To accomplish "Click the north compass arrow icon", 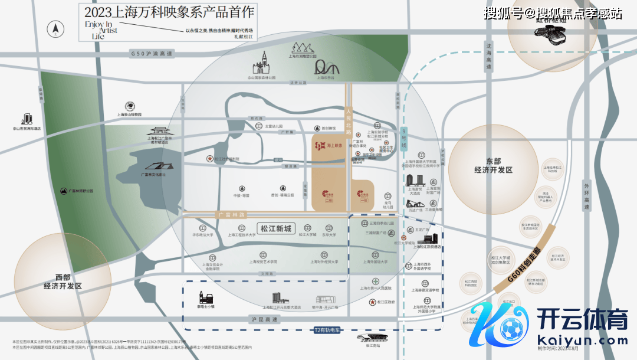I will coord(57,28).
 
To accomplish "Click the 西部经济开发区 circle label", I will coord(63,281).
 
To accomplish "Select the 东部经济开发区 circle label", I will coord(493,165).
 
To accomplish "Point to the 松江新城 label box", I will coord(275,228).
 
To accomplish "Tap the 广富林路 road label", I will coord(231,215).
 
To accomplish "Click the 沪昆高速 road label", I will coord(263,319).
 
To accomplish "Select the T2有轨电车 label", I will coord(327,330).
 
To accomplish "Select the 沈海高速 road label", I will coord(489,56).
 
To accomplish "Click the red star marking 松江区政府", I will coord(372,302).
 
